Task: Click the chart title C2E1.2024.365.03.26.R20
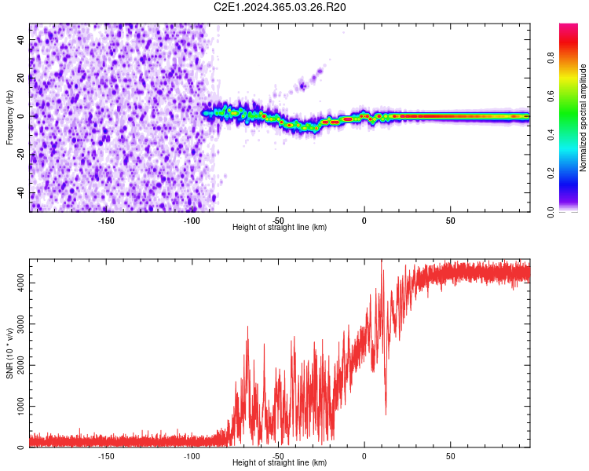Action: (280, 7)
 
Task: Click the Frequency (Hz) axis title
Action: (9, 118)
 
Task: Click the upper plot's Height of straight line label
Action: (280, 227)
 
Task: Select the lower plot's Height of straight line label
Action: (280, 463)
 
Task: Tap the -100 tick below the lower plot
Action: (192, 455)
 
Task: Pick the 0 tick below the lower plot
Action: (364, 455)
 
